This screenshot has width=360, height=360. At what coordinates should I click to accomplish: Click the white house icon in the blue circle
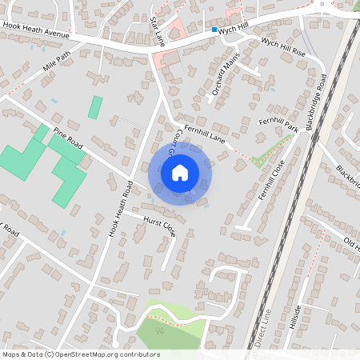(180, 173)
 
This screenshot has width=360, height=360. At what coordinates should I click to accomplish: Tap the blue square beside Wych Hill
(214, 30)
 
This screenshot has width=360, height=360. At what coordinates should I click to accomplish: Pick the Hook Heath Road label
(121, 209)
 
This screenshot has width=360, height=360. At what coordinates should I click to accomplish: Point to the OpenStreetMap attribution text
(81, 354)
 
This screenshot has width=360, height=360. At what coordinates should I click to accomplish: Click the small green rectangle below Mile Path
(95, 107)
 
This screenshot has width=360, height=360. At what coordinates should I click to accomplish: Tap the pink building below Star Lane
(169, 58)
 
